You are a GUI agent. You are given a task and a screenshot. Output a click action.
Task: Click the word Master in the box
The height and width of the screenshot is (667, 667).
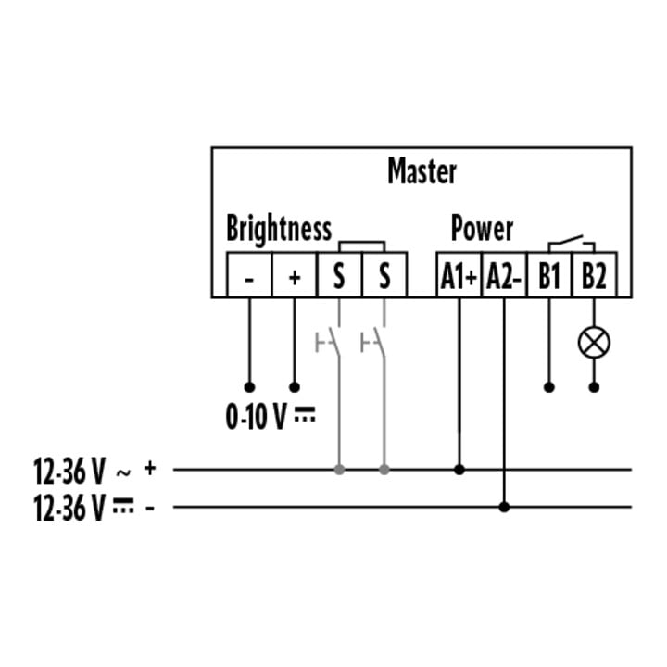point(422,171)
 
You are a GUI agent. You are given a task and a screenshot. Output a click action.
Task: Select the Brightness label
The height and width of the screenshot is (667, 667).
point(279,229)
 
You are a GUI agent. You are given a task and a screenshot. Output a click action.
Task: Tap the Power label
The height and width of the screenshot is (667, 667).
point(482,229)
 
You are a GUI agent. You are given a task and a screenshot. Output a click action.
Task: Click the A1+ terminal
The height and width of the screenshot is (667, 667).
point(459,275)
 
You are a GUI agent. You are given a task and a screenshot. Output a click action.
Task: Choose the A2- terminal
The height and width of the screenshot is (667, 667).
point(504,275)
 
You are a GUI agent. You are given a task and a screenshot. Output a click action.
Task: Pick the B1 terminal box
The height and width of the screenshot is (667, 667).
point(549,275)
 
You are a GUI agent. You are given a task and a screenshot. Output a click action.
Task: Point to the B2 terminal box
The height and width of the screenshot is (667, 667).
point(594,275)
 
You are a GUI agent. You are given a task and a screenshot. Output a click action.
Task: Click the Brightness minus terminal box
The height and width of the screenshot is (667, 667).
point(249,275)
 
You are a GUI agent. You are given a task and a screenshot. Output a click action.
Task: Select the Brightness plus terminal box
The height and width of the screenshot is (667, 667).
point(295,275)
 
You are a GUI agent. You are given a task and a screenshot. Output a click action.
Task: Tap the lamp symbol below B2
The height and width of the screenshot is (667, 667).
point(594,343)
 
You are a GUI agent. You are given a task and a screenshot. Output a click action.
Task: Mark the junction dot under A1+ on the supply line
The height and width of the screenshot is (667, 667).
point(459,470)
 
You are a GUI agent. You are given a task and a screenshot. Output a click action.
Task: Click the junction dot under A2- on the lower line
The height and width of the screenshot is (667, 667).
point(504,507)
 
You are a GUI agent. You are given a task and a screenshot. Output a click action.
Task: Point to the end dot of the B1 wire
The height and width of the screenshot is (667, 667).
point(549,387)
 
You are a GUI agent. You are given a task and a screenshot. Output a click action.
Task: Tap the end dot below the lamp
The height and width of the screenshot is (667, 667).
point(594,387)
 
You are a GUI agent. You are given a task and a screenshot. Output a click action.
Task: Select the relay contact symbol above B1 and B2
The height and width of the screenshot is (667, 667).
point(572,244)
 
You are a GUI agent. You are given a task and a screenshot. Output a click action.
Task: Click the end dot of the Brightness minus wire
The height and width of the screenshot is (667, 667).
point(250,387)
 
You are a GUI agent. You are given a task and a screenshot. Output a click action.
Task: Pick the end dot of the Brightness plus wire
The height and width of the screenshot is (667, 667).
point(295,387)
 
